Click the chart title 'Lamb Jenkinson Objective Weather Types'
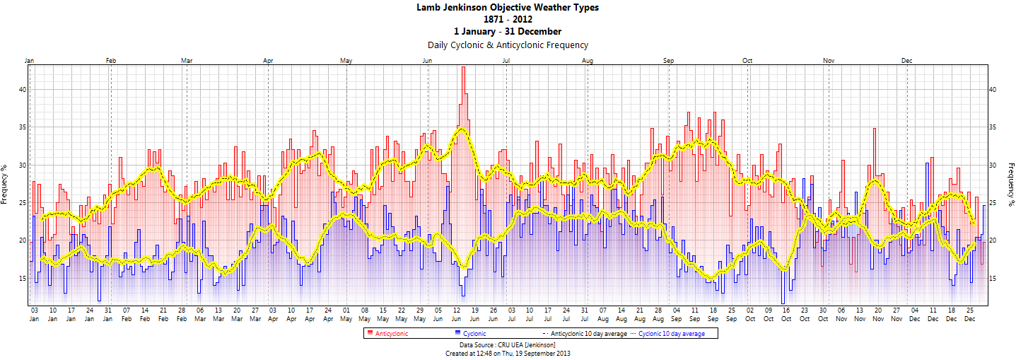coord(508,8)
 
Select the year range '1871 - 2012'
coord(508,19)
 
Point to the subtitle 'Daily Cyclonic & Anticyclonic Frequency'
coord(508,45)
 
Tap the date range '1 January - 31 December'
coord(508,31)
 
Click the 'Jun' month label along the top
coord(427,61)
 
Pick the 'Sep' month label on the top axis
coord(668,61)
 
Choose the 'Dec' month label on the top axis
coord(907,61)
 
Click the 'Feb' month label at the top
coord(111,61)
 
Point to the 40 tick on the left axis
coord(23,90)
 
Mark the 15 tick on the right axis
coord(993,279)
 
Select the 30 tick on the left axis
coord(23,166)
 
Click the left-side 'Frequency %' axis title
coord(5,184)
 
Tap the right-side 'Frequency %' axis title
coord(1010,184)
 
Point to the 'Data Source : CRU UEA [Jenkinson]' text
coord(508,344)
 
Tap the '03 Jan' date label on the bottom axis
coord(34,315)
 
